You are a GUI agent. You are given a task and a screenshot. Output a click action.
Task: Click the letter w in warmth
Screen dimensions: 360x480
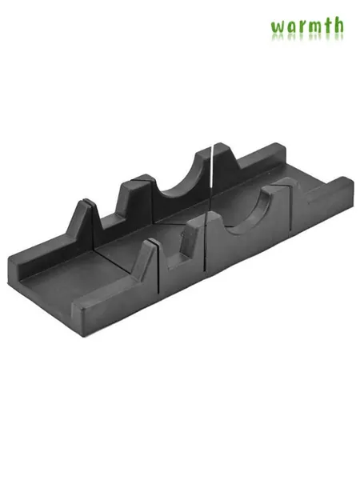click(x=278, y=28)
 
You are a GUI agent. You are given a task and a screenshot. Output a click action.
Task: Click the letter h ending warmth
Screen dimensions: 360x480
click(x=338, y=25)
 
